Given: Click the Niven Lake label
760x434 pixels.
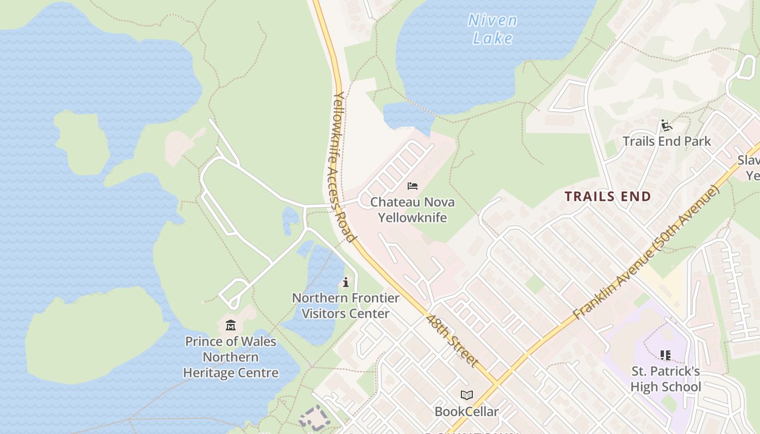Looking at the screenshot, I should tap(492, 29).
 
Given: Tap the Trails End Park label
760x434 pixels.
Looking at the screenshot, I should tap(667, 142).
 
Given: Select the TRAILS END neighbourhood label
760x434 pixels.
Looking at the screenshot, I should tap(608, 196).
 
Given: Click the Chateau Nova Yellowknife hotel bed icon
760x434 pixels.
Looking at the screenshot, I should tap(413, 186).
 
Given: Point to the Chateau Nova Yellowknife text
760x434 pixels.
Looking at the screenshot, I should tap(413, 210).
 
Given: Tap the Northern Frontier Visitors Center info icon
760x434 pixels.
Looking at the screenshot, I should tap(346, 282).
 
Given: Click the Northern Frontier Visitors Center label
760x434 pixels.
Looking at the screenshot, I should tap(346, 306).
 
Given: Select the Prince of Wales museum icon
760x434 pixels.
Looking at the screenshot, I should tap(231, 325).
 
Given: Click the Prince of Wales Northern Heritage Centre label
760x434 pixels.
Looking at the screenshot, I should tap(231, 357).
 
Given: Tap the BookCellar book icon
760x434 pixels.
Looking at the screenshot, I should tap(466, 395).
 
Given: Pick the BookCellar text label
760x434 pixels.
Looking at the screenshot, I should tap(466, 412).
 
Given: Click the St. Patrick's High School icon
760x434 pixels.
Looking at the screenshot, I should tap(666, 355).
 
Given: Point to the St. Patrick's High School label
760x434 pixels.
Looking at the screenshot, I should tap(666, 379).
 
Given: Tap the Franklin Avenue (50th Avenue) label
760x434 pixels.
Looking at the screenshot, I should tap(646, 252).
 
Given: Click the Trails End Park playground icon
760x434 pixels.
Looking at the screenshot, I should tap(667, 126).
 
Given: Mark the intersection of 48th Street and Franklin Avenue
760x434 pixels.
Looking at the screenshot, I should tap(496, 382).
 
